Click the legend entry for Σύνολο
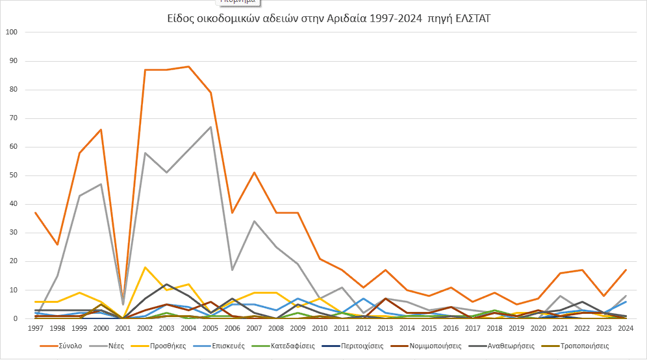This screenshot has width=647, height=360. (x=69, y=346)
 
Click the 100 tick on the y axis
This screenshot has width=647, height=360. (x=11, y=32)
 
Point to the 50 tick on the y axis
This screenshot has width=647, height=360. (x=13, y=175)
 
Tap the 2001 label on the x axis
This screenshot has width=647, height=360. (x=123, y=329)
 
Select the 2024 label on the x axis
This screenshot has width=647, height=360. (x=626, y=329)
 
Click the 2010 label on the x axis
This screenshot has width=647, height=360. (x=320, y=329)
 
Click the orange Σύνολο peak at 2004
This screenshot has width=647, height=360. (x=188, y=66)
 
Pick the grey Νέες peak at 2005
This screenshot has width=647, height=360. (x=210, y=127)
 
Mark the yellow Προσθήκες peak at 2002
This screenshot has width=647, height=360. (x=145, y=267)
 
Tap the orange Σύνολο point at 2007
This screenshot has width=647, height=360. (x=254, y=172)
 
